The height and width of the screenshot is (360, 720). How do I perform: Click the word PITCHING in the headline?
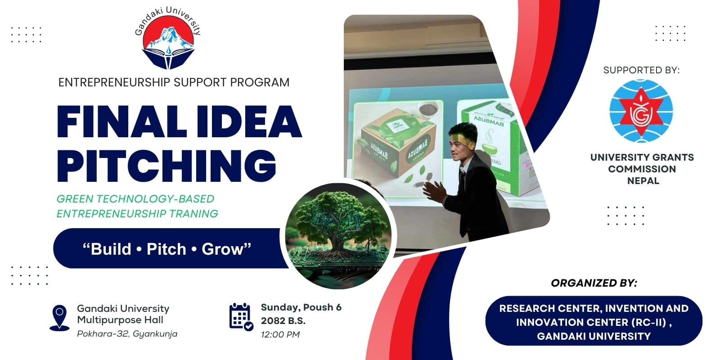166,166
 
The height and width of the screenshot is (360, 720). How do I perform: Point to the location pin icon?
59,318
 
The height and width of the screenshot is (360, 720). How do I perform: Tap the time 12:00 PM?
280,334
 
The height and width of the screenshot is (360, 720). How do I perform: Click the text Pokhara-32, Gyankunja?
127,334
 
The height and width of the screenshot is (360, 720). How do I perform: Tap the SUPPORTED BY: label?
641,70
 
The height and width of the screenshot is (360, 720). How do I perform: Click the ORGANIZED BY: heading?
594,283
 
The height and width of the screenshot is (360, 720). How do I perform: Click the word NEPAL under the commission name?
643,181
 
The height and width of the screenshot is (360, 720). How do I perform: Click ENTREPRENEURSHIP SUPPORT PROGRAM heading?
174,82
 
